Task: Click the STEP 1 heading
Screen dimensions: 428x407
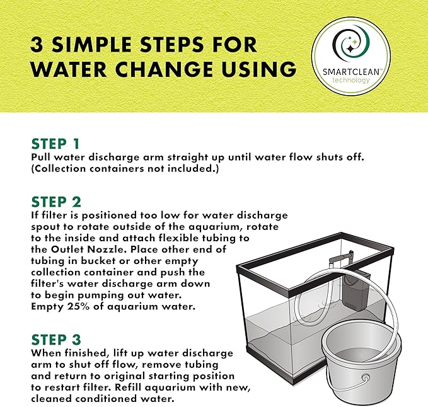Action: coord(55,144)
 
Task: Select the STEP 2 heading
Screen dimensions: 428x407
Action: coord(56,202)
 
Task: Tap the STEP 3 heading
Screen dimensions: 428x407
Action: coord(56,340)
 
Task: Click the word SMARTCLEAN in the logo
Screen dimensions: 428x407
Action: coord(350,72)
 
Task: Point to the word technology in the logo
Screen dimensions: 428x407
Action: coord(350,80)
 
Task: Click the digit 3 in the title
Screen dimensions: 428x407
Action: coord(37,45)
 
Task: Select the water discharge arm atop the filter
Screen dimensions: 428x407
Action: coord(340,258)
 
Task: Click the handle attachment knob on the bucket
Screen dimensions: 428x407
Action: coord(365,378)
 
